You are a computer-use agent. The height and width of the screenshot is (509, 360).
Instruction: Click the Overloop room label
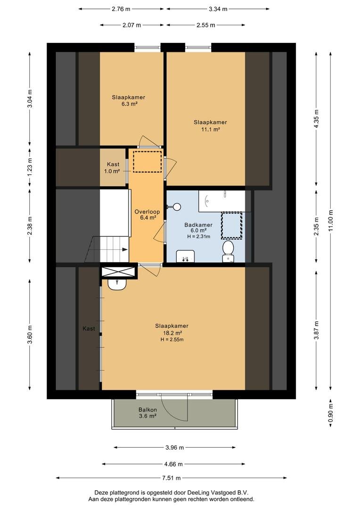pyautogui.click(x=147, y=212)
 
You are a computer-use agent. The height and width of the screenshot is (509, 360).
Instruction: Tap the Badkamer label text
pyautogui.click(x=198, y=225)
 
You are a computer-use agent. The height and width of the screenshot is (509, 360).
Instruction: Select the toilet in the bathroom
pyautogui.click(x=228, y=251)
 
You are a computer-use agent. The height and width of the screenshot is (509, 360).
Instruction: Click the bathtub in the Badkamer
pyautogui.click(x=222, y=201)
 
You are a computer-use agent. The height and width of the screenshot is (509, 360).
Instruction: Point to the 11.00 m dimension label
pyautogui.click(x=330, y=221)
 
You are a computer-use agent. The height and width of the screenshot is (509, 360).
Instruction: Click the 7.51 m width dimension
pyautogui.click(x=172, y=478)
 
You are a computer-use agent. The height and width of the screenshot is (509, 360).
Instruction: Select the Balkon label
pyautogui.click(x=147, y=410)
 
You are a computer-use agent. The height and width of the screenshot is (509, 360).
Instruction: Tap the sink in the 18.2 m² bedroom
pyautogui.click(x=117, y=284)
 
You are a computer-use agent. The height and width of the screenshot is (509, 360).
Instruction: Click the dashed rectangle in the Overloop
pyautogui.click(x=147, y=161)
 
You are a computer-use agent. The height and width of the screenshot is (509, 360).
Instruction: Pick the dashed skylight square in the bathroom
pyautogui.click(x=232, y=226)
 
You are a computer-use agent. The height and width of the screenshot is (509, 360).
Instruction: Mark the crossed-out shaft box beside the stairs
pyautogui.click(x=118, y=272)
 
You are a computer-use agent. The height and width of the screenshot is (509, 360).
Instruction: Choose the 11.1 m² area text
pyautogui.click(x=210, y=129)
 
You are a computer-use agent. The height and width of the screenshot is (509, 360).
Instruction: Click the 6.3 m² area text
pyautogui.click(x=129, y=104)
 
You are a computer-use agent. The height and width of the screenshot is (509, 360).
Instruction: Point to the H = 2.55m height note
pyautogui.click(x=172, y=339)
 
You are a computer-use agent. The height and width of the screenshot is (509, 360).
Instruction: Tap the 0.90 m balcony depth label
pyautogui.click(x=330, y=412)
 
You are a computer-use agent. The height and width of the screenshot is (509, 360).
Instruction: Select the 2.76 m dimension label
pyautogui.click(x=121, y=9)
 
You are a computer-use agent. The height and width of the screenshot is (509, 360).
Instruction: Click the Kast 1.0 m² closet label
pyautogui.click(x=112, y=168)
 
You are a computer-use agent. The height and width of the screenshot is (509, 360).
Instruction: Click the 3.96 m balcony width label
pyautogui.click(x=175, y=448)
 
